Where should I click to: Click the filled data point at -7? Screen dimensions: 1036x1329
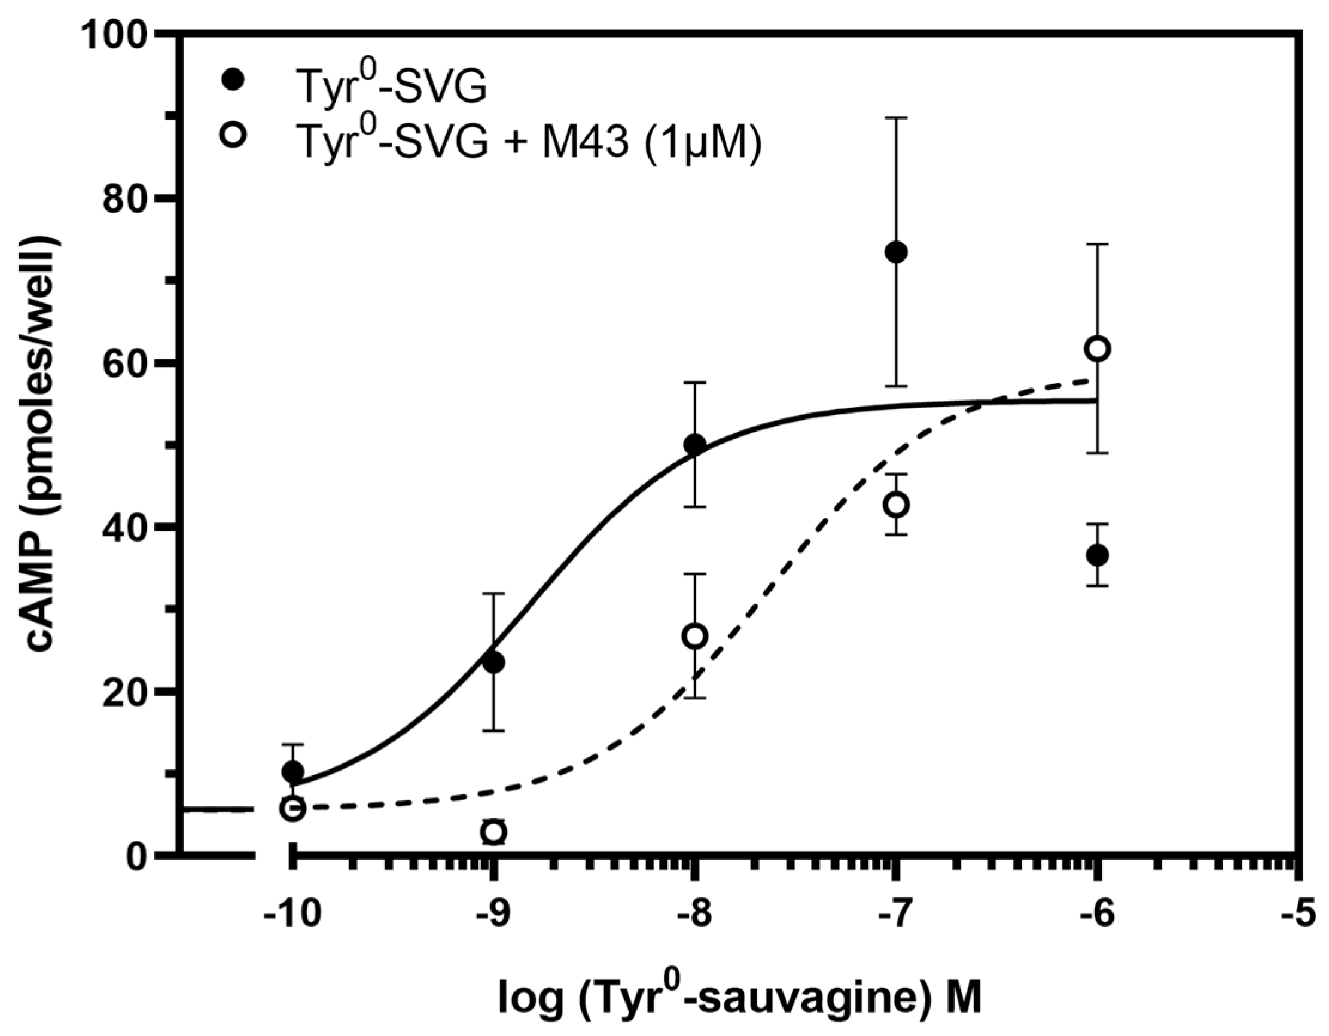pyautogui.click(x=897, y=252)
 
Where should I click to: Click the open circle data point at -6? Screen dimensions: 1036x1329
pyautogui.click(x=1097, y=349)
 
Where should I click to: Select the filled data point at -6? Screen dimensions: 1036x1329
pyautogui.click(x=1097, y=555)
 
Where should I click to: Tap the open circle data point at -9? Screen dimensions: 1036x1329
pyautogui.click(x=493, y=832)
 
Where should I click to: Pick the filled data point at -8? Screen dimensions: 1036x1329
pyautogui.click(x=695, y=445)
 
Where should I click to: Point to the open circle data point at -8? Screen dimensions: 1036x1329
pyautogui.click(x=695, y=636)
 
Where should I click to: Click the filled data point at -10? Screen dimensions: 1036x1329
pyautogui.click(x=292, y=772)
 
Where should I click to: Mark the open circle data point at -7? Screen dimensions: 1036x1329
pyautogui.click(x=897, y=505)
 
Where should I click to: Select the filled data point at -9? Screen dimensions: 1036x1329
pyautogui.click(x=493, y=662)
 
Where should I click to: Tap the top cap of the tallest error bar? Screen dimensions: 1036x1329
pyautogui.click(x=897, y=117)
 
